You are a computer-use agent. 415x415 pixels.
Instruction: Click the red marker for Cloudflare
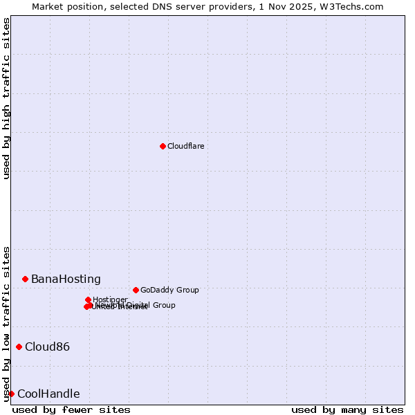click(x=163, y=146)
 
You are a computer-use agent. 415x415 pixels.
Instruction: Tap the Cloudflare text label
click(x=185, y=146)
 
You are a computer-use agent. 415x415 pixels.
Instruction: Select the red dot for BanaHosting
click(x=25, y=279)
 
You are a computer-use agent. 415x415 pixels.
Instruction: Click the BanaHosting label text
click(x=66, y=279)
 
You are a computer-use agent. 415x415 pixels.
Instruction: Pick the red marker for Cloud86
click(x=19, y=347)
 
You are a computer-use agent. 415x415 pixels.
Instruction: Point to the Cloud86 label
click(x=47, y=347)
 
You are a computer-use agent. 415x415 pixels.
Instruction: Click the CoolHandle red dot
click(x=11, y=394)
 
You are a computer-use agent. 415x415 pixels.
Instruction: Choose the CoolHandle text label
click(x=48, y=394)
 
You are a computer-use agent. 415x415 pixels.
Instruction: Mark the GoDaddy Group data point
click(x=136, y=290)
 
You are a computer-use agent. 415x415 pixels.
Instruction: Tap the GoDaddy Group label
click(x=169, y=290)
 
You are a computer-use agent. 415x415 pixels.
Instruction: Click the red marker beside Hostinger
click(x=88, y=299)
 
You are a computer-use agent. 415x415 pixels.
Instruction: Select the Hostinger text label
click(x=110, y=299)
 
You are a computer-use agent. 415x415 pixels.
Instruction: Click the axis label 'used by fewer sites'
click(x=71, y=410)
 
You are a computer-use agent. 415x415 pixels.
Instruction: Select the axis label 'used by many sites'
click(x=347, y=410)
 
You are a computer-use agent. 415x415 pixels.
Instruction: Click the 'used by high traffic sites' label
click(x=6, y=98)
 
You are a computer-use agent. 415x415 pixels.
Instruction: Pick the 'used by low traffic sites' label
click(x=6, y=324)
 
